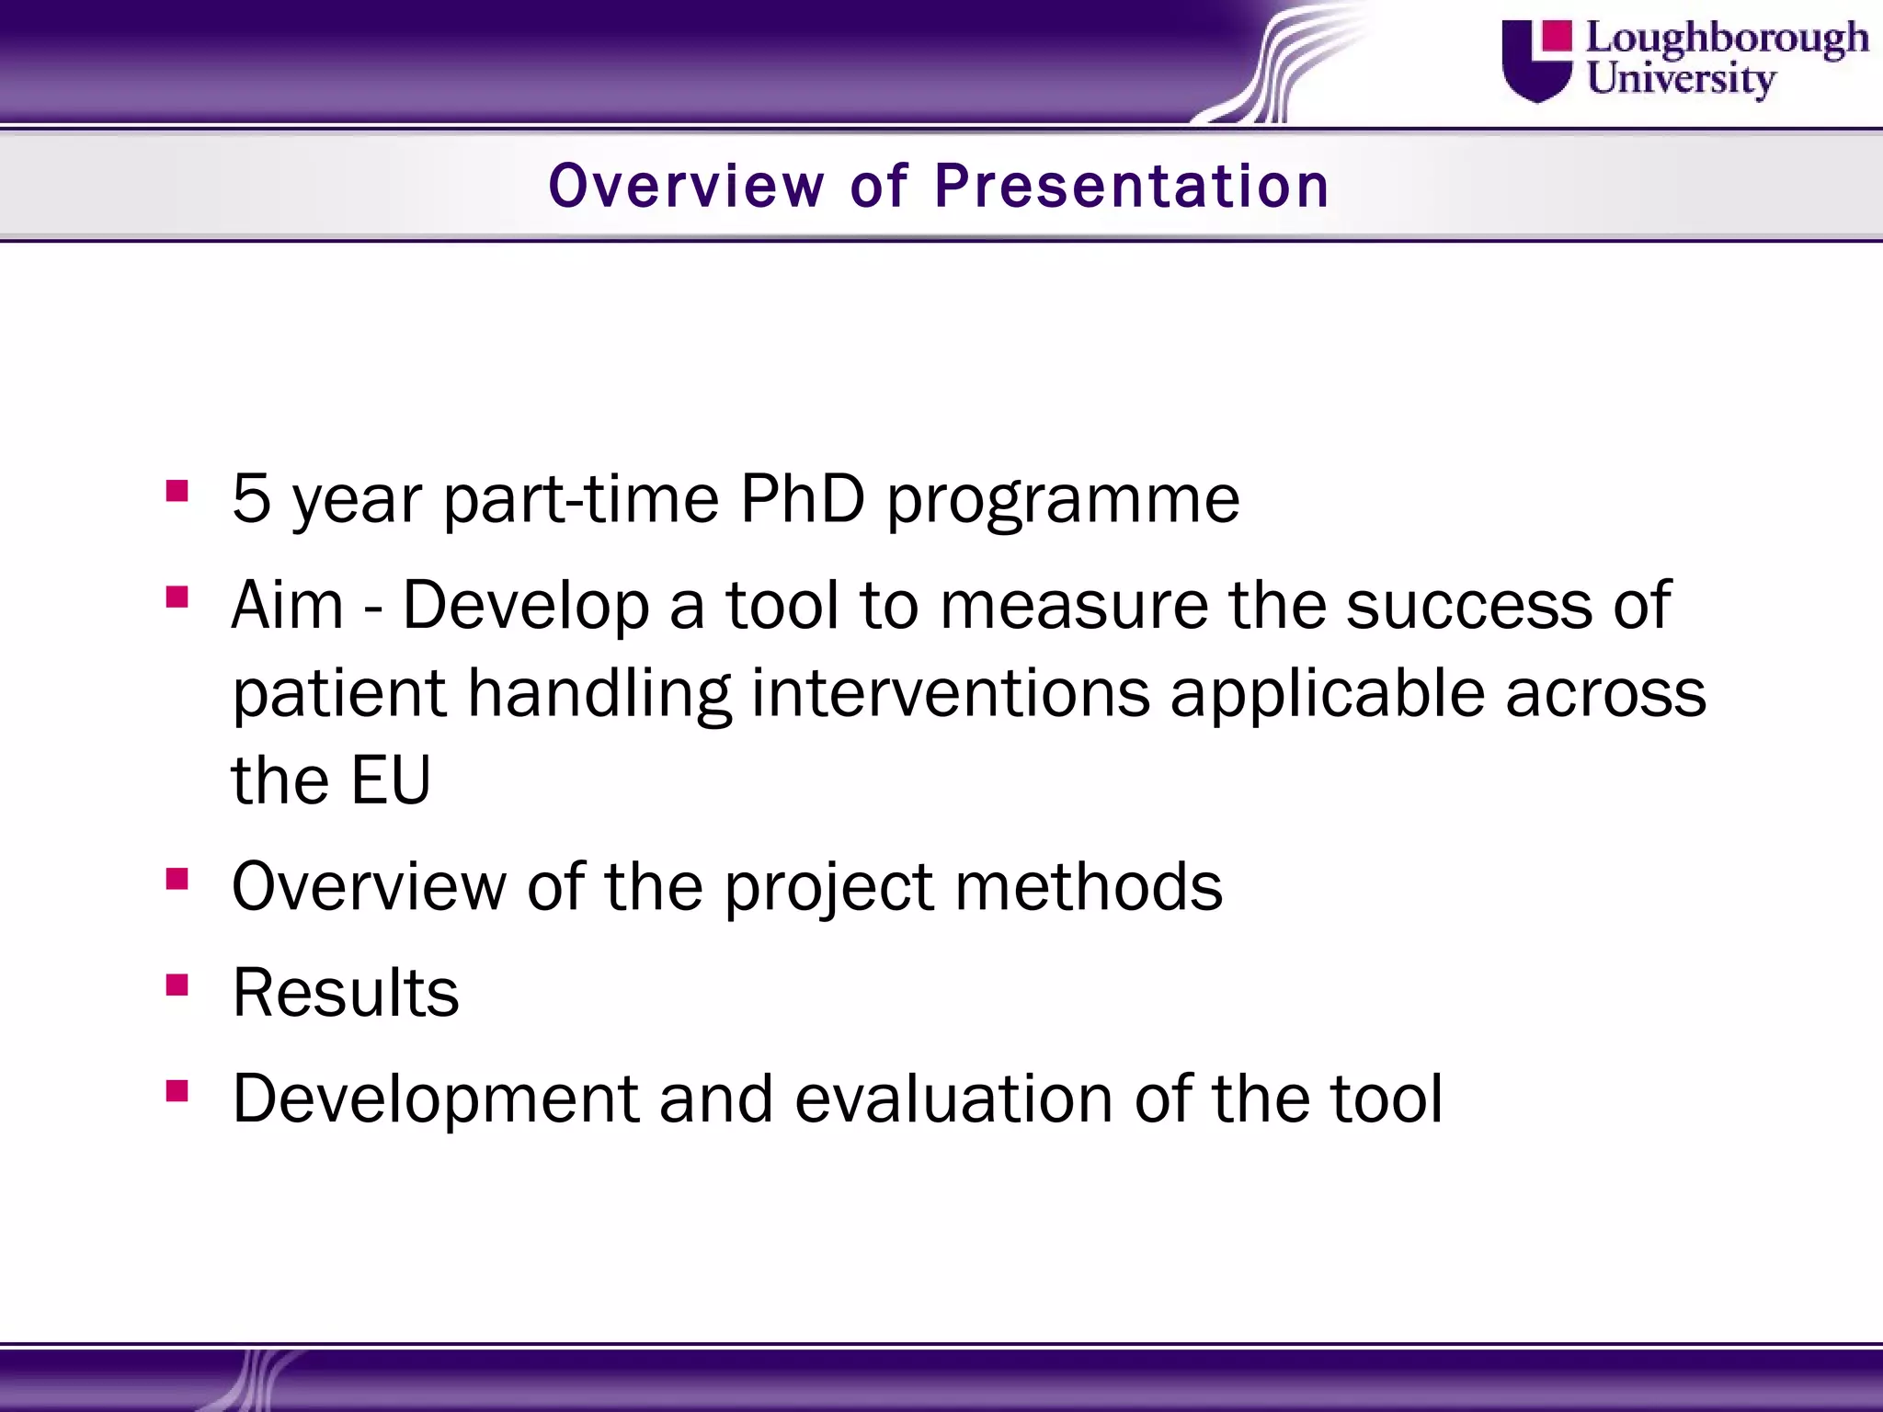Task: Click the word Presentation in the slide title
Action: pos(1132,186)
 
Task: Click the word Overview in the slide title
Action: pos(687,186)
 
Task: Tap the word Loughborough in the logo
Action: pos(1727,40)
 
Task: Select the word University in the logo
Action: pos(1681,79)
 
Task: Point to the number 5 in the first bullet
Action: pos(251,498)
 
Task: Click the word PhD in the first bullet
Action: pos(803,498)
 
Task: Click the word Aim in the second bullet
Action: pos(288,605)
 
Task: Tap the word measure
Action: pos(1074,607)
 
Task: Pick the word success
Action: pos(1468,607)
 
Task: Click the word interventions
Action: pos(951,693)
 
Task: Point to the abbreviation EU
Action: pos(391,780)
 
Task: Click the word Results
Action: pos(346,994)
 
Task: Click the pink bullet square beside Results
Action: pos(177,985)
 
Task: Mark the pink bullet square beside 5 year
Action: pos(177,491)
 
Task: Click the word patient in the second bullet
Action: pos(339,693)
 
